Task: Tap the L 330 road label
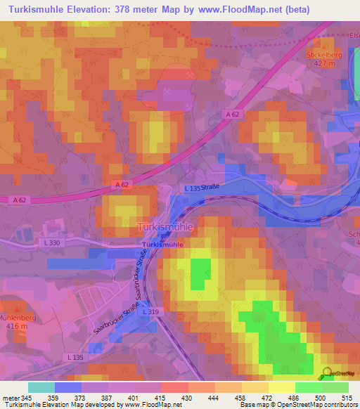tap(42, 242)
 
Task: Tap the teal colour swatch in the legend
tap(40, 387)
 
